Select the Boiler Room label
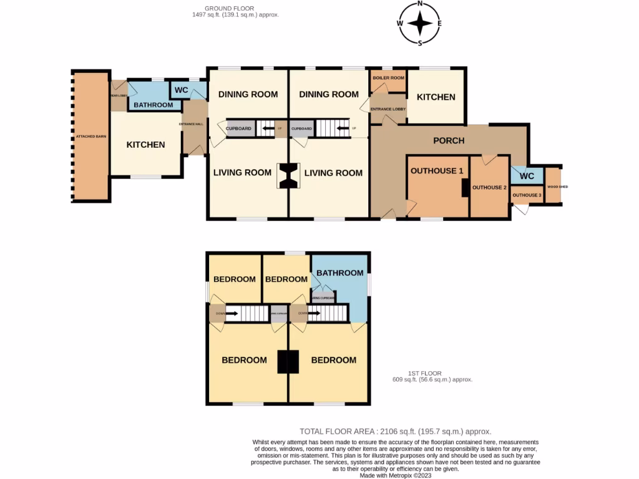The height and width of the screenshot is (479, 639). [x=388, y=78]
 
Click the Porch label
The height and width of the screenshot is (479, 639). [x=449, y=140]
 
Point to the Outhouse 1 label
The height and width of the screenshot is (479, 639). [x=437, y=170]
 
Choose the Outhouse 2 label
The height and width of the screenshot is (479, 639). [x=489, y=187]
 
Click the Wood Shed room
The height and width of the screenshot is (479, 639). [x=553, y=186]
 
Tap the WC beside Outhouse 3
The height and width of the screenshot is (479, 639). [x=527, y=176]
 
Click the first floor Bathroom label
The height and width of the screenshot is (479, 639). [x=339, y=273]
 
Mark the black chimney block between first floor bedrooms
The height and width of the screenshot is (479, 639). [x=288, y=361]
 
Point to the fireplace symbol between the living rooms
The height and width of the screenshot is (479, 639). [x=288, y=175]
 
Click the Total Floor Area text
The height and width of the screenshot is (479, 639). [x=395, y=431]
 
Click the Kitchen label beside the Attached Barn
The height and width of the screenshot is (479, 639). [x=145, y=145]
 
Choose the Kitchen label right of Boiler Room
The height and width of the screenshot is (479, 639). [x=436, y=97]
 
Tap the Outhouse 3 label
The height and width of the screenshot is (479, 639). [x=526, y=195]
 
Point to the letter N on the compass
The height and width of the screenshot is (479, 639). [x=420, y=4]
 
